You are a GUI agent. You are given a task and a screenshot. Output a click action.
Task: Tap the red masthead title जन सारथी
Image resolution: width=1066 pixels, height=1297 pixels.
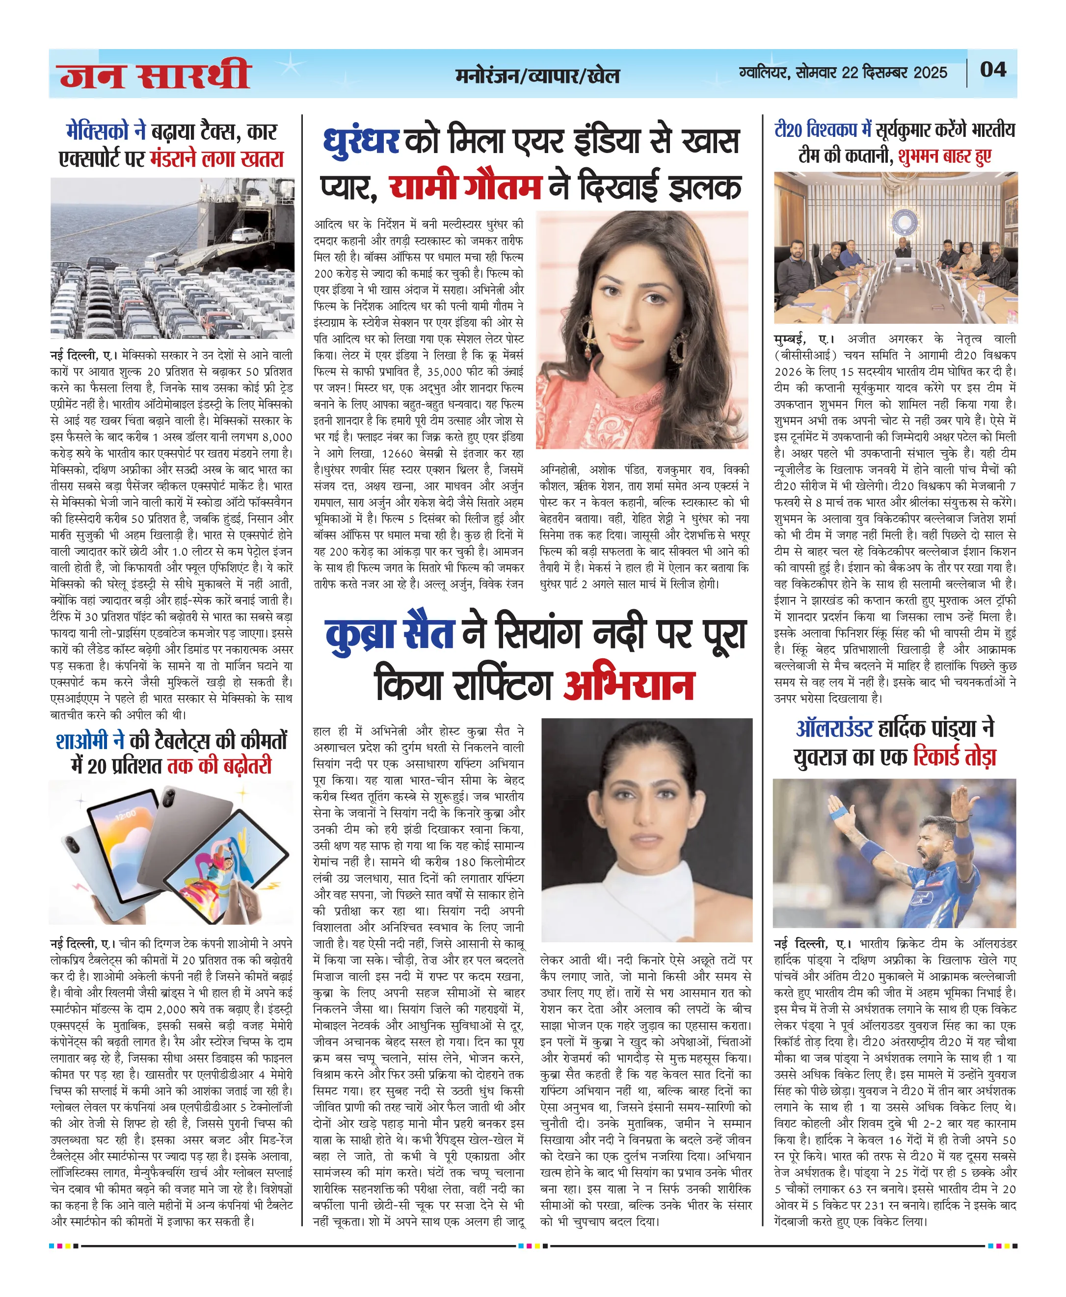tap(155, 75)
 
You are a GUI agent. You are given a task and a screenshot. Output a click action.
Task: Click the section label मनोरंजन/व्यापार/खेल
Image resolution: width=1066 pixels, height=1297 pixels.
tap(537, 76)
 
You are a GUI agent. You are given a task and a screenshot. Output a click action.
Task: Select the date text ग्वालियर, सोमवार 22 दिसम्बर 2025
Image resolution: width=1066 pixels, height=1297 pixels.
tap(843, 73)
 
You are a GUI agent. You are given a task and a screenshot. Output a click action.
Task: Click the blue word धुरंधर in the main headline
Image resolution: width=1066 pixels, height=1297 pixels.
tap(361, 141)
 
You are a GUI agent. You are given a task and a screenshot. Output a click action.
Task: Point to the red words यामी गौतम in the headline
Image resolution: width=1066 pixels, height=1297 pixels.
tap(465, 186)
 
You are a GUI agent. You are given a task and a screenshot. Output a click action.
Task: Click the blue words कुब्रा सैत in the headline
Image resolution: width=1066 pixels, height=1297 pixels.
tap(389, 633)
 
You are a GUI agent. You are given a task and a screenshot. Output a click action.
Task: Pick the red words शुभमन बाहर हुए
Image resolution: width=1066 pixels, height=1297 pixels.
tap(944, 156)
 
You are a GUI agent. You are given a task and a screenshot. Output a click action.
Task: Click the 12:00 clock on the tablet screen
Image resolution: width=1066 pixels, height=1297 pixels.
tap(125, 814)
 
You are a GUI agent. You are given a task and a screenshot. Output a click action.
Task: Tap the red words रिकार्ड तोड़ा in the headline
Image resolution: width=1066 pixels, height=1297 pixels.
tap(954, 757)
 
